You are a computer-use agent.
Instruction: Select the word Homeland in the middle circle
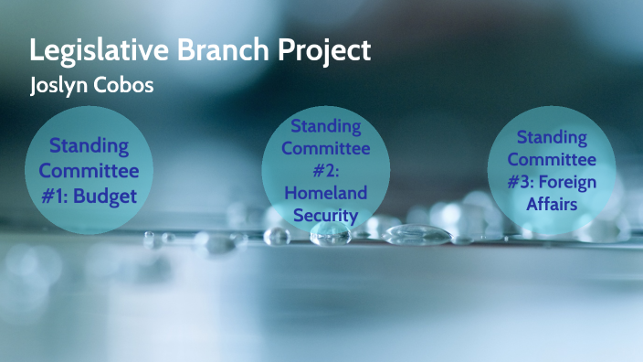click(325, 192)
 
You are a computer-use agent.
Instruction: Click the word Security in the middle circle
click(325, 215)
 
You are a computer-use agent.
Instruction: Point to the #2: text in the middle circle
click(325, 170)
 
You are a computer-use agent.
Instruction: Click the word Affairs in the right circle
click(552, 204)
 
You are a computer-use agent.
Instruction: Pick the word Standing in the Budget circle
click(89, 146)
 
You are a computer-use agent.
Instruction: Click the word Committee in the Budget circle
click(89, 170)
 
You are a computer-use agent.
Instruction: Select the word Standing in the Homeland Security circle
click(325, 125)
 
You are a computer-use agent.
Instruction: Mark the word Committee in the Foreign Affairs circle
click(552, 159)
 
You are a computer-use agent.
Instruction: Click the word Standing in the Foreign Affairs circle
click(552, 137)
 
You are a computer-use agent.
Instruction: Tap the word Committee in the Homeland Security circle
click(325, 147)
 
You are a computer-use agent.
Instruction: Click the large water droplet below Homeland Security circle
click(330, 234)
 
